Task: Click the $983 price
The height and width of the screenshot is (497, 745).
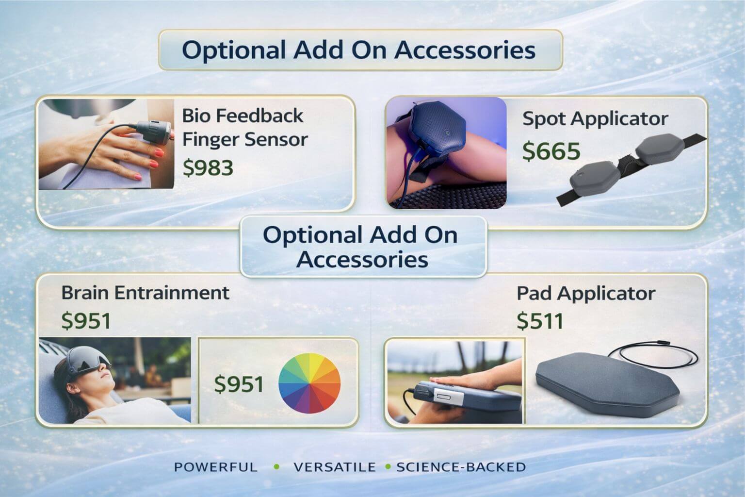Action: [208, 167]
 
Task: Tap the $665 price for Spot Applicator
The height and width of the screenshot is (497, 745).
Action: [551, 151]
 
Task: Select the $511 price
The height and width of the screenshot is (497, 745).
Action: [540, 320]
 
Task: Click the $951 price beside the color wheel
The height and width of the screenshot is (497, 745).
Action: [239, 384]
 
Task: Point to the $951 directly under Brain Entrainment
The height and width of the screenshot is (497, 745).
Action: [86, 320]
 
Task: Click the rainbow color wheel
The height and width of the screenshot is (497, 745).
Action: [309, 383]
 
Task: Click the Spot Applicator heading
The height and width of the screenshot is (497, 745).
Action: [595, 119]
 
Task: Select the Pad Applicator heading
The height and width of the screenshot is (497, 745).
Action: [586, 294]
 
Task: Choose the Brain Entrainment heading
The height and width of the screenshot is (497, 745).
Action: [146, 293]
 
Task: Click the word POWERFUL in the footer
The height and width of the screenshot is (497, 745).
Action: [216, 467]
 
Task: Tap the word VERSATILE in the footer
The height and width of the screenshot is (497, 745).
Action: [335, 467]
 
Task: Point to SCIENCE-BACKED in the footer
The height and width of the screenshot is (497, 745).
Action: [461, 467]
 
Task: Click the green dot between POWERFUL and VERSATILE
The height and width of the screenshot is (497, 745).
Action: [276, 467]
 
